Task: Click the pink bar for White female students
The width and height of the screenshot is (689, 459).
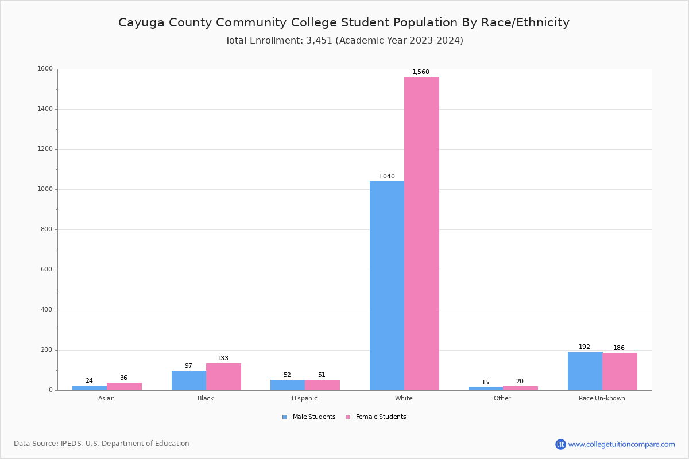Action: pos(421,234)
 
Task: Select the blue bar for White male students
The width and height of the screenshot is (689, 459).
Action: pos(386,286)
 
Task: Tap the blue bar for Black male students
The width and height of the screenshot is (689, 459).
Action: pos(188,380)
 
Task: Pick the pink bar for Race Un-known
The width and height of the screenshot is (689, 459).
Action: pos(620,371)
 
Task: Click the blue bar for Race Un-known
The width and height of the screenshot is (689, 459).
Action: pos(585,371)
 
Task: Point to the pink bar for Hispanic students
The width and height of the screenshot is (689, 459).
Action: pos(322,385)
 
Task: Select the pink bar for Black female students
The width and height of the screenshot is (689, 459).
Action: pos(223,376)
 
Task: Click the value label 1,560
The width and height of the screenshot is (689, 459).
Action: pos(420,72)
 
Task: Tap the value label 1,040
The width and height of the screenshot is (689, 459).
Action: pos(386,177)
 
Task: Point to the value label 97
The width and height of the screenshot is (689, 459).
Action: pos(188,366)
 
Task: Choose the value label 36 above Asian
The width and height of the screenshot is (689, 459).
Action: pos(123,378)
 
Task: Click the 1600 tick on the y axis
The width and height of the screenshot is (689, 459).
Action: pos(45,69)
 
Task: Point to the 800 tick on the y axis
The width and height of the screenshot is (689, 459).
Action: pos(47,229)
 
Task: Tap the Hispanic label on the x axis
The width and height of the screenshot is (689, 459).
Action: pos(304,398)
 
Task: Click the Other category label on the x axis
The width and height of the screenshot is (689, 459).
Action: pos(502,398)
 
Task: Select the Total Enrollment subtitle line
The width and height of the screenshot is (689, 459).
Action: pos(344,41)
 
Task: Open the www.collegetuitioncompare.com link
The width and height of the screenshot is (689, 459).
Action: pos(621,444)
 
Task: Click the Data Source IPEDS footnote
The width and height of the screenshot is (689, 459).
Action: pos(102,444)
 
